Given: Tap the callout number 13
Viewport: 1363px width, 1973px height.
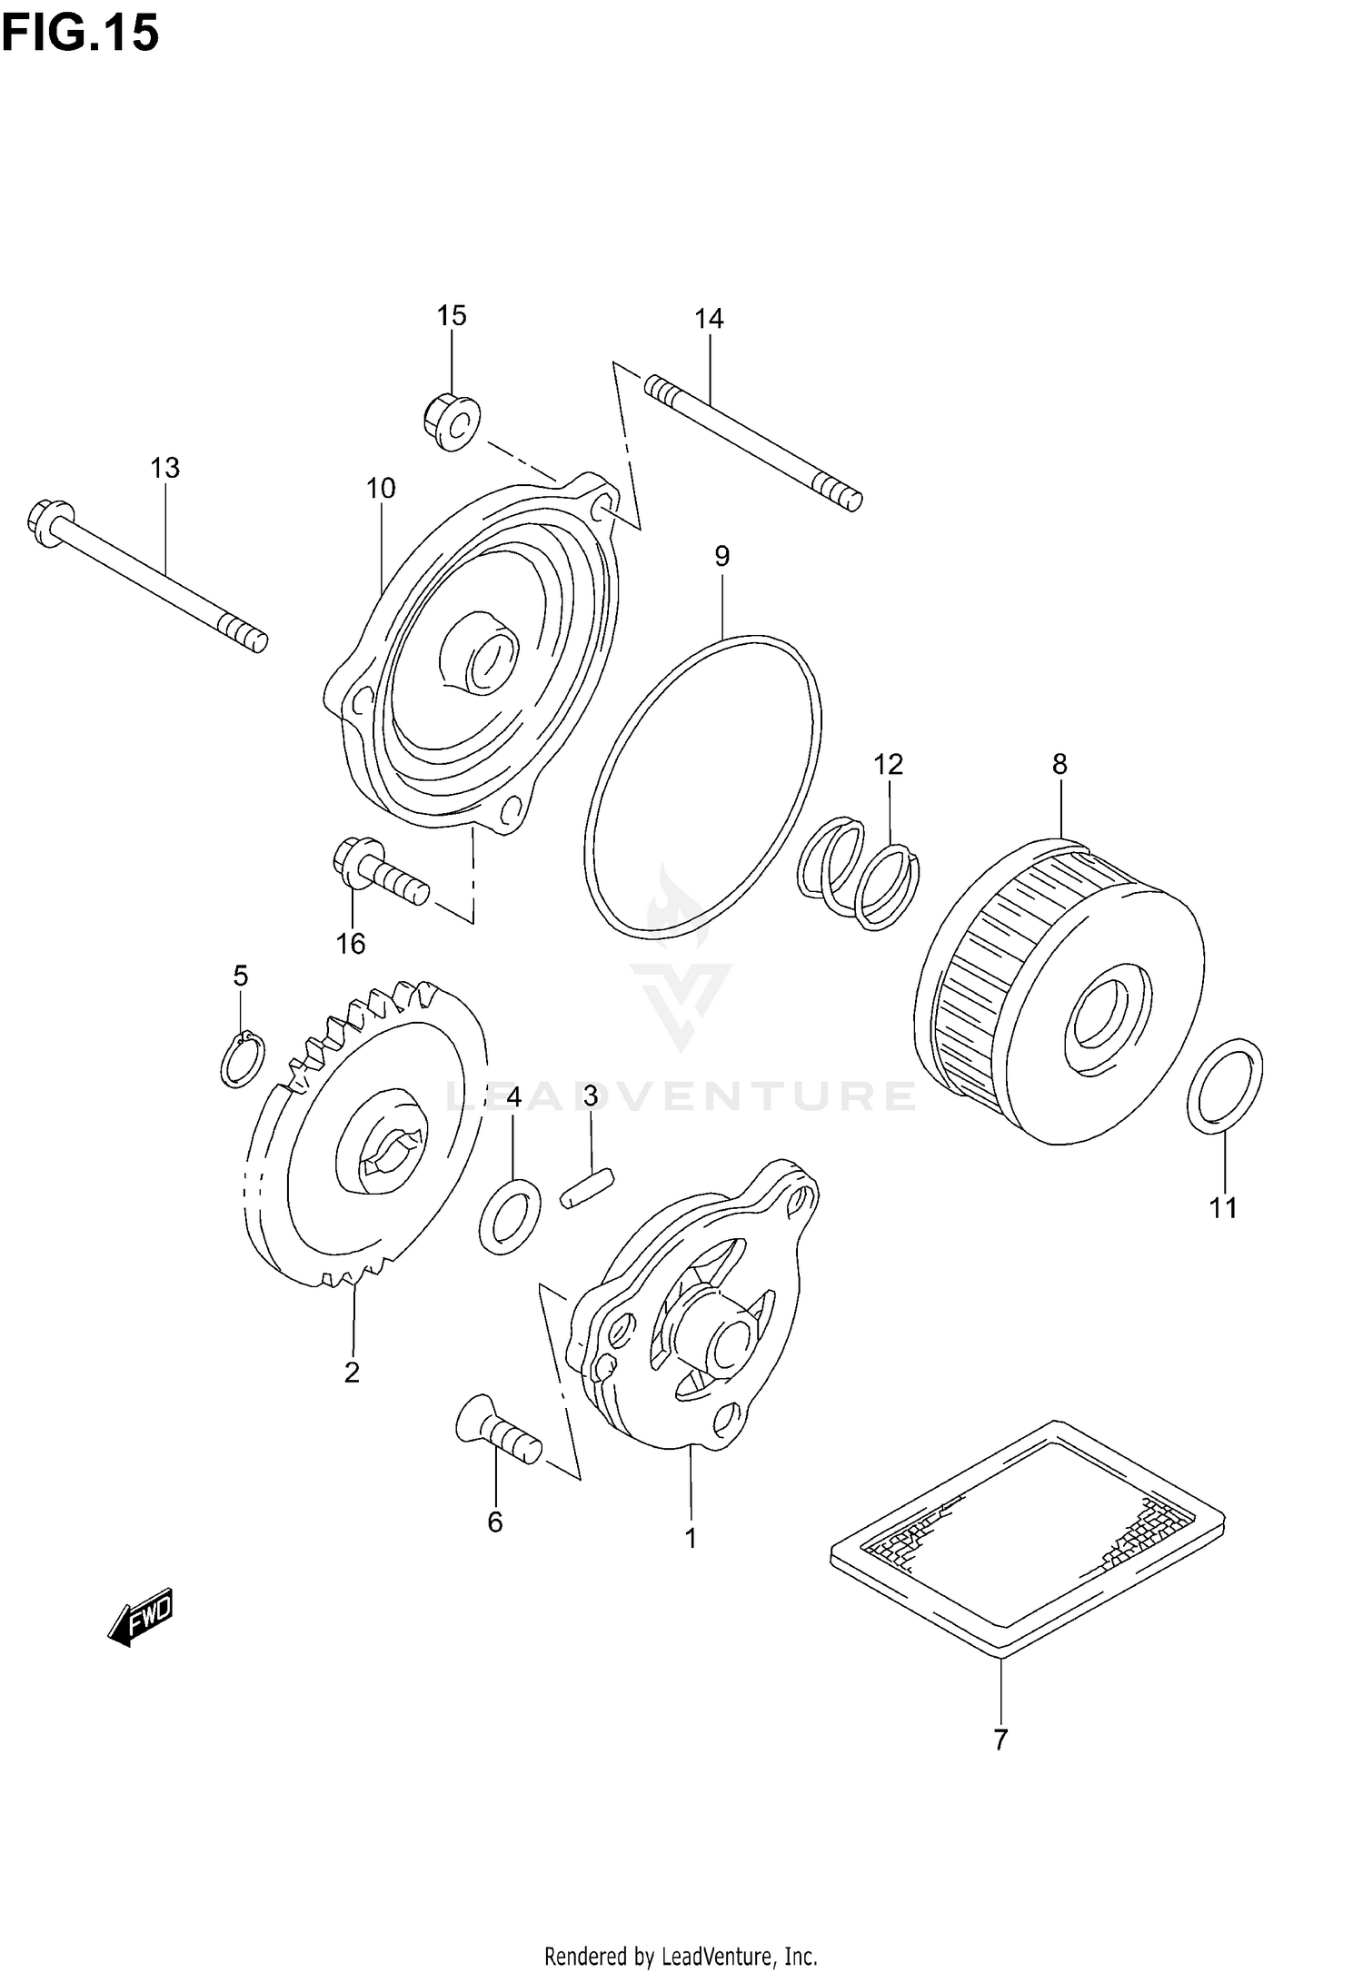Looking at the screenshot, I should [x=164, y=468].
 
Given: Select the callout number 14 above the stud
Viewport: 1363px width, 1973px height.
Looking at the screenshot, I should [x=709, y=319].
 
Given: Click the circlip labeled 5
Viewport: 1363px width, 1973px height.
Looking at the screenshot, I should [x=243, y=1060].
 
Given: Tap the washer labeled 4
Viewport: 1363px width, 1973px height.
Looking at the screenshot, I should [x=509, y=1217].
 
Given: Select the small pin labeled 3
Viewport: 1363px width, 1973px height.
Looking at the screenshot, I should [x=589, y=1189].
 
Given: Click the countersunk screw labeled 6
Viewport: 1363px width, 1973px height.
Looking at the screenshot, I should [x=498, y=1438].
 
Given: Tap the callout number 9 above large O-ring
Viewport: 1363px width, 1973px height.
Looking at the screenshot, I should [x=721, y=556].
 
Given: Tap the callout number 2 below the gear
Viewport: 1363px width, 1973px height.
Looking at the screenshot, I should [x=352, y=1373].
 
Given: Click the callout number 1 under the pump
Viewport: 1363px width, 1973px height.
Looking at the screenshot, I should [x=691, y=1539].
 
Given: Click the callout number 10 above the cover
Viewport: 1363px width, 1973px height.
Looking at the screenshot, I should [x=381, y=489].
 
